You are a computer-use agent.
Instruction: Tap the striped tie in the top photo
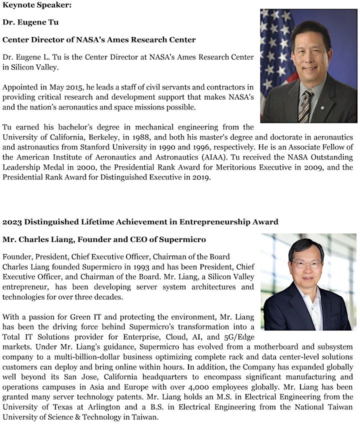[x=305, y=105]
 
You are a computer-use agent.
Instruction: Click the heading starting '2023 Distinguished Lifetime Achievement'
[x=140, y=221]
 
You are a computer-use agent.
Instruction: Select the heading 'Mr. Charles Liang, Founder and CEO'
[x=104, y=239]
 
